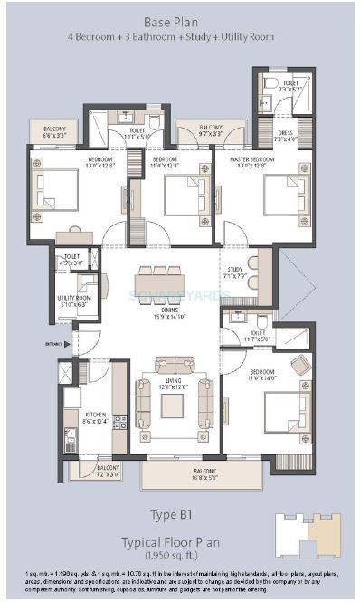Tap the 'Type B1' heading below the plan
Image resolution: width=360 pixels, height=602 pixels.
click(x=181, y=516)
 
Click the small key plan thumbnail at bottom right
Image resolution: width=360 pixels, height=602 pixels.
click(x=308, y=534)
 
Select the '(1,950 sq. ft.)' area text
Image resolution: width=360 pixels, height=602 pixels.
click(x=180, y=552)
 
